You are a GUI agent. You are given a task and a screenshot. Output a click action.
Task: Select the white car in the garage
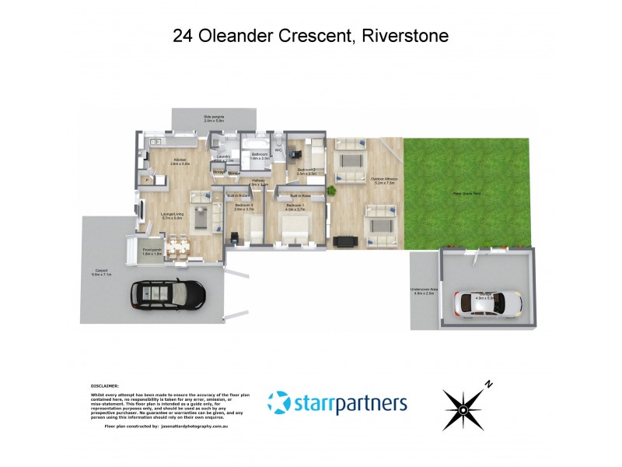pos(488,301)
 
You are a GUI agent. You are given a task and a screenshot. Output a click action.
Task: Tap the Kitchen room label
pos(180,162)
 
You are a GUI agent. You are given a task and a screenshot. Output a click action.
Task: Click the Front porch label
pos(152,252)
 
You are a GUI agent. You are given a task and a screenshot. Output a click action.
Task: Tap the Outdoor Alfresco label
pos(384,181)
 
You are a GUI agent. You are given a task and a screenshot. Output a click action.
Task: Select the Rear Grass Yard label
pos(466,193)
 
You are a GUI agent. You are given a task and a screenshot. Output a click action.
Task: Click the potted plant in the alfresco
pos(330,190)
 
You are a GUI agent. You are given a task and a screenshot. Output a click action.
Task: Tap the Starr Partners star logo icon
pos(278,403)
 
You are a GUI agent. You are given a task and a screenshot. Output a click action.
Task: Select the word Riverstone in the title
pos(404,36)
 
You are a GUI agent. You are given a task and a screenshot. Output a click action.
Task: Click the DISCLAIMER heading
pos(104,385)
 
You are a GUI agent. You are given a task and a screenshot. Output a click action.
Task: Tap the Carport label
pos(102,272)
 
